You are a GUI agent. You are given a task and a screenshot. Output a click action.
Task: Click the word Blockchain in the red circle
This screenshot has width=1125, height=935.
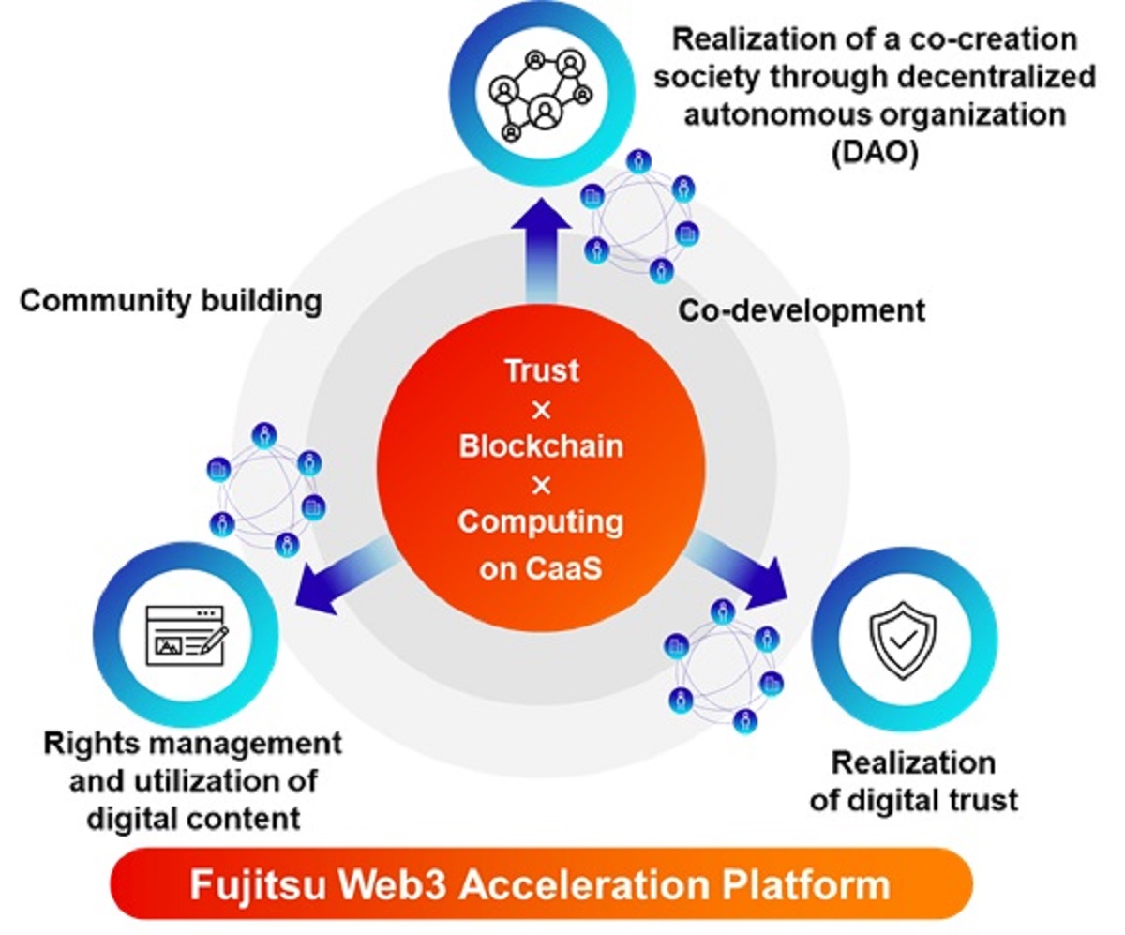tap(541, 445)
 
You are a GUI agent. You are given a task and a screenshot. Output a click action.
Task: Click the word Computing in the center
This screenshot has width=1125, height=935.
tap(541, 521)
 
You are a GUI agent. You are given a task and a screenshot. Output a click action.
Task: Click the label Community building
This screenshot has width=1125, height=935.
tap(172, 302)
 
